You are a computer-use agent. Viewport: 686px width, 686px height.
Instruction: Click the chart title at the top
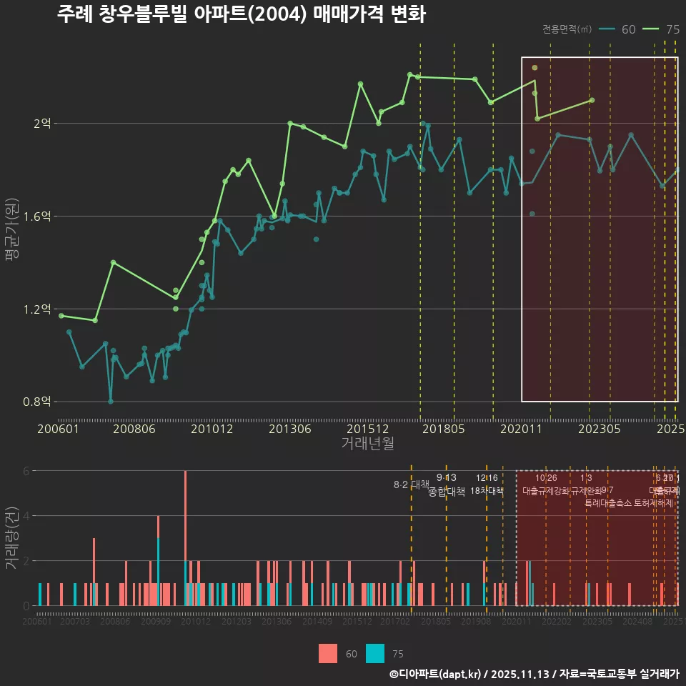pos(241,15)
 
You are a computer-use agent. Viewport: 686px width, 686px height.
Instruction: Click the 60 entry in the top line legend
pos(618,29)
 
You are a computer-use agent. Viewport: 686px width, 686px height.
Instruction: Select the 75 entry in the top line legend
pos(662,29)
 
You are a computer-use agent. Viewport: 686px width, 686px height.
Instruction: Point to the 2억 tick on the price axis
pos(42,124)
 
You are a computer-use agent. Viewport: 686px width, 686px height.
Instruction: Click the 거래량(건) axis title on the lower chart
pos(11,537)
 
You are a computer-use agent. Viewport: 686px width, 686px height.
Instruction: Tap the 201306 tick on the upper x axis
pos(289,429)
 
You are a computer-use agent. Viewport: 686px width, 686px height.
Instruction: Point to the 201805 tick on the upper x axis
pos(443,429)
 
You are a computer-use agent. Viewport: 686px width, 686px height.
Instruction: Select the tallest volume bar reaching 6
pos(185,537)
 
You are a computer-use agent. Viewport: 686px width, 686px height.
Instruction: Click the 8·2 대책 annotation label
pos(411,484)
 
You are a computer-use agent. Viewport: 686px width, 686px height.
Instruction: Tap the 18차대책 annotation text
pos(487,491)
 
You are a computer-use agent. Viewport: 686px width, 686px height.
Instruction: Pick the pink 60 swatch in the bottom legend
pos(327,653)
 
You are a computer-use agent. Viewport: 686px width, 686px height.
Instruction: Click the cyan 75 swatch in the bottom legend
pos(374,653)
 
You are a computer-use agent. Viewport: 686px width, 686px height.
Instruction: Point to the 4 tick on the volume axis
pos(26,516)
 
